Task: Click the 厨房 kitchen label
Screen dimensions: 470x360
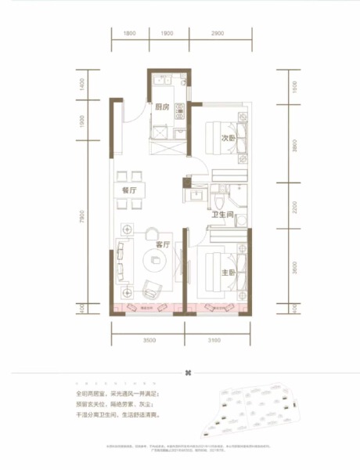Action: tap(163, 108)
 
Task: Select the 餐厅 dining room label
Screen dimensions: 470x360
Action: tap(129, 188)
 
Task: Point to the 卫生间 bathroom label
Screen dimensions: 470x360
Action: tap(222, 214)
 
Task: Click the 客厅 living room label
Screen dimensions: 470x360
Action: tap(163, 244)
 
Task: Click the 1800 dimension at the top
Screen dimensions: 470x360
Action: tap(130, 34)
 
